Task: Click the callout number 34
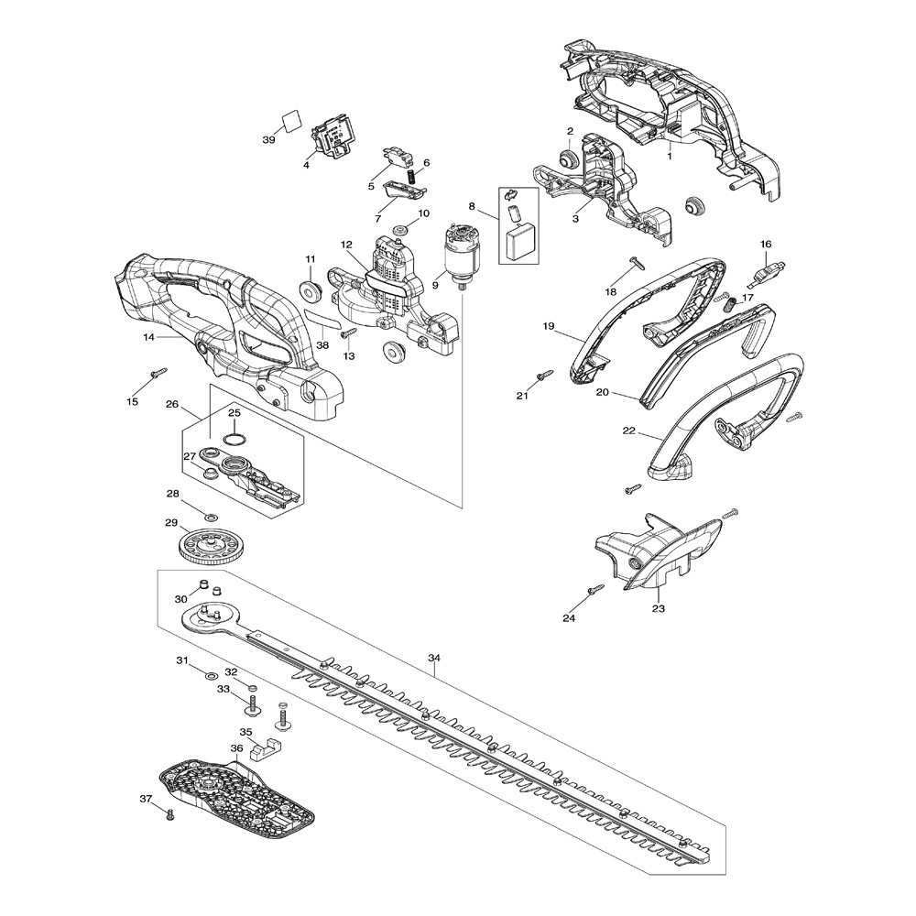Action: coord(434,658)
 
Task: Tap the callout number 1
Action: coord(670,157)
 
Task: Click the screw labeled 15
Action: coord(158,372)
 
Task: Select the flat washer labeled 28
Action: coord(211,518)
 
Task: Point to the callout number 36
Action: coord(236,748)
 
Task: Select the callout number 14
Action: coord(147,338)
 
